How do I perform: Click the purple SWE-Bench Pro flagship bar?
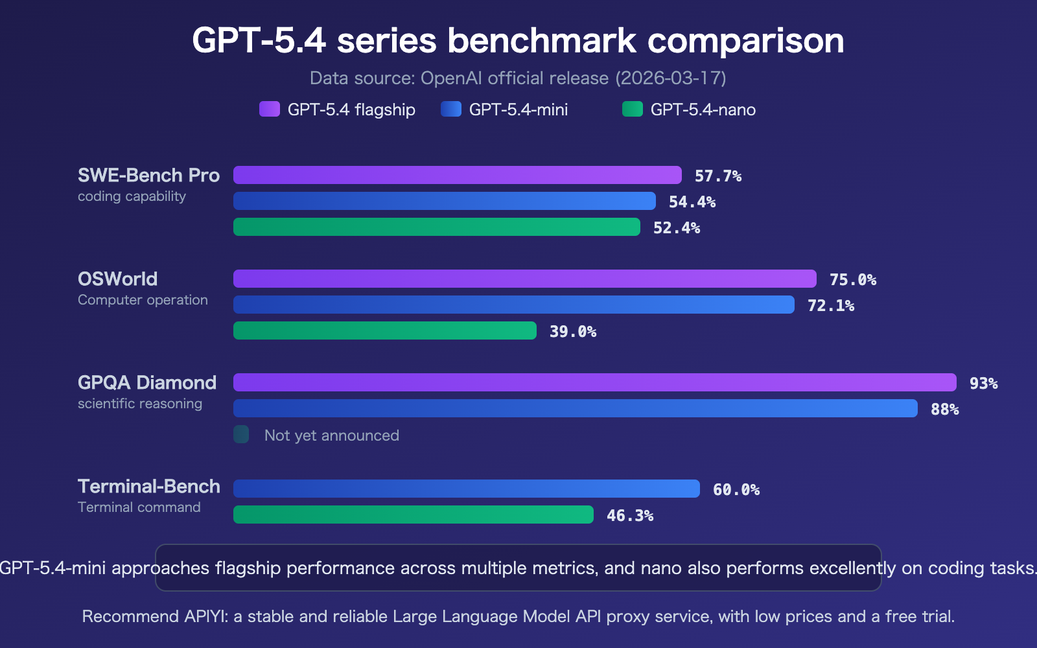click(457, 175)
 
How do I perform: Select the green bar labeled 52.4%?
click(436, 227)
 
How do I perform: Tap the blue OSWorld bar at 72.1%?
click(513, 305)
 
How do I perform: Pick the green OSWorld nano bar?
click(384, 330)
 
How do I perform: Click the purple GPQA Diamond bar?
click(594, 382)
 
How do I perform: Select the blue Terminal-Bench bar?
click(466, 489)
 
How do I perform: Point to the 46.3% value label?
click(629, 516)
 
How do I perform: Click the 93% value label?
click(983, 384)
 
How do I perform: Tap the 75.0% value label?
click(852, 280)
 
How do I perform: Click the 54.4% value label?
click(692, 202)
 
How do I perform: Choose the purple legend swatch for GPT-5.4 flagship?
click(269, 109)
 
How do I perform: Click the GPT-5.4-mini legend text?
click(518, 110)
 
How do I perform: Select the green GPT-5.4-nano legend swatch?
click(632, 109)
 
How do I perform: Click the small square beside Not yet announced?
click(241, 434)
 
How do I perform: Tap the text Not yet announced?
click(331, 435)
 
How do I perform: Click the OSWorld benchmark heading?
click(117, 279)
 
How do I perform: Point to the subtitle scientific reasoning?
click(139, 404)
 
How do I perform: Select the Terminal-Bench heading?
click(148, 486)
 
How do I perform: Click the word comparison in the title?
click(745, 41)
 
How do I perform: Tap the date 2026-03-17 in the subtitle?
click(670, 78)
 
